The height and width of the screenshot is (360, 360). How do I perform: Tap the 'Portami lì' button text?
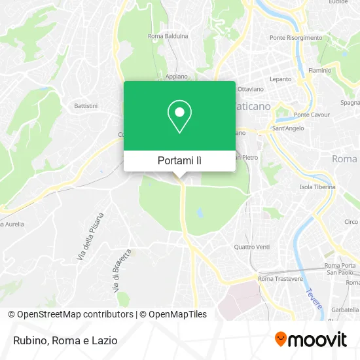179,160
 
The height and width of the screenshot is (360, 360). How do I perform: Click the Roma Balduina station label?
168,36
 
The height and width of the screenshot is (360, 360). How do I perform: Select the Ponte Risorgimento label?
295,38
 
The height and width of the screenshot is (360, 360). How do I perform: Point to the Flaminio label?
319,69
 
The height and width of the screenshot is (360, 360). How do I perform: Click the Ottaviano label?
250,88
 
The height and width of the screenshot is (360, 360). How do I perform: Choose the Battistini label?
86,105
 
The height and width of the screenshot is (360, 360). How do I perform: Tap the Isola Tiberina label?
317,187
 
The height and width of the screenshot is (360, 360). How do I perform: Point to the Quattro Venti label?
252,247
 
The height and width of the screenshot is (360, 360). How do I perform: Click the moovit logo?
310,339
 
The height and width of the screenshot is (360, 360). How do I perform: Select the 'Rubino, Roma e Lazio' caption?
64,340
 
